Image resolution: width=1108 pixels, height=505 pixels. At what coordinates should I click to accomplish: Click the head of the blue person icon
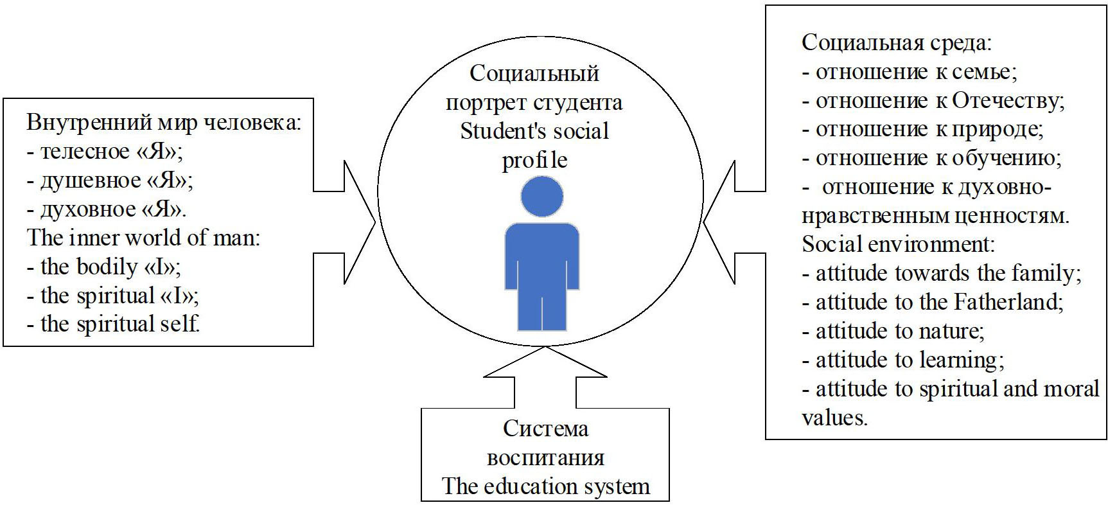click(542, 196)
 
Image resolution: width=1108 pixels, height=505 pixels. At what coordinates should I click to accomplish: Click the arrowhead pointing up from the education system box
click(545, 364)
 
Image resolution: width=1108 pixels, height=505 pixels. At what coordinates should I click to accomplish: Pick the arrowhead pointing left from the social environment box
click(720, 222)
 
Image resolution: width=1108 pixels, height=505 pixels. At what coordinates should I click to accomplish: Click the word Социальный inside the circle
click(534, 73)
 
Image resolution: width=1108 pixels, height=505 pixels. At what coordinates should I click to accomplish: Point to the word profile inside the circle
click(534, 160)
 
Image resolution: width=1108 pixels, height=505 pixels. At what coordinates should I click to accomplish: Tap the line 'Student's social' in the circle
click(534, 131)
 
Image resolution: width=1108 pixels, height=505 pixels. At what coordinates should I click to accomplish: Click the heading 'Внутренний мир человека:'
click(164, 123)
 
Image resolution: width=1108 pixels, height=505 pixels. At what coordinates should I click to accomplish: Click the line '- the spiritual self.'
click(114, 324)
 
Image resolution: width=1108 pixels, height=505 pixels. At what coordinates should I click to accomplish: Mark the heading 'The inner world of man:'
click(143, 238)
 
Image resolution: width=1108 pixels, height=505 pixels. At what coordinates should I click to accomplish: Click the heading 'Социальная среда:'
click(897, 43)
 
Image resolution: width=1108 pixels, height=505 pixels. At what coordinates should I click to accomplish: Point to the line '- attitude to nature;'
click(893, 331)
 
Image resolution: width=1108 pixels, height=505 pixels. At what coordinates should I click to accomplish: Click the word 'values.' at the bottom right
click(834, 418)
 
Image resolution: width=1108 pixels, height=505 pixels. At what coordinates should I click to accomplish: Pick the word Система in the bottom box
click(545, 429)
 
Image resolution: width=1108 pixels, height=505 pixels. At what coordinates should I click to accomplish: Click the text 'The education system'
click(545, 486)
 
